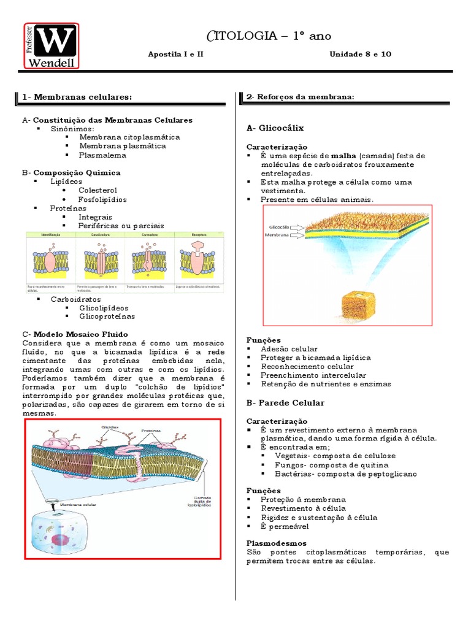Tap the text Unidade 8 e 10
360,54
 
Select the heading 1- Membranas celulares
77,97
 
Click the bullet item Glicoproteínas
107,316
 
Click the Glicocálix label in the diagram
279,226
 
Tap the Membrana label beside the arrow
277,234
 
